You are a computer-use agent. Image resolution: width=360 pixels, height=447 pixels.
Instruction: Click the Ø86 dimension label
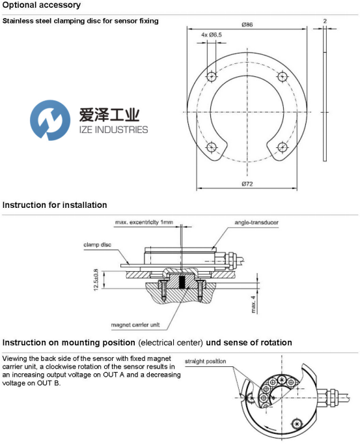tap(247, 25)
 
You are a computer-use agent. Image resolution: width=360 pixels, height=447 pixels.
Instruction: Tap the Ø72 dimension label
tap(247, 184)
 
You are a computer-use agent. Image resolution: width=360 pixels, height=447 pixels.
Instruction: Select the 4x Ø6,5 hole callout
tap(212, 35)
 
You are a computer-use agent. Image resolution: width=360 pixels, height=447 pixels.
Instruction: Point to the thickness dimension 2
tap(325, 21)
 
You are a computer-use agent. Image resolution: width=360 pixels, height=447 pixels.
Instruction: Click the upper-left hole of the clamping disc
tap(212, 76)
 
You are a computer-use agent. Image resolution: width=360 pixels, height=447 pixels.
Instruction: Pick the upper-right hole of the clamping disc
tap(282, 76)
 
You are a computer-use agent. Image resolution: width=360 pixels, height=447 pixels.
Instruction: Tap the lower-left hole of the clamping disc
tap(211, 147)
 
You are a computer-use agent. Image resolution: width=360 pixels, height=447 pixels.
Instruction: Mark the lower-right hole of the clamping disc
tap(282, 147)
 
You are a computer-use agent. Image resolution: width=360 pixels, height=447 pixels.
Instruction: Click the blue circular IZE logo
tap(50, 120)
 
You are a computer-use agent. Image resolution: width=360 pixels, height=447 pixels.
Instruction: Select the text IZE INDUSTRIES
tap(113, 130)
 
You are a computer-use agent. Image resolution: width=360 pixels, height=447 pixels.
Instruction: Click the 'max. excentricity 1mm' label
tap(144, 222)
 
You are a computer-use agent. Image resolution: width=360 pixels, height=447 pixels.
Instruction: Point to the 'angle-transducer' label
tap(256, 222)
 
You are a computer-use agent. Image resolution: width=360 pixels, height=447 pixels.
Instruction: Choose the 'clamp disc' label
tap(98, 244)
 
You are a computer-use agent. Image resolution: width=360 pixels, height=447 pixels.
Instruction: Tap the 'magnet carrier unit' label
tap(135, 324)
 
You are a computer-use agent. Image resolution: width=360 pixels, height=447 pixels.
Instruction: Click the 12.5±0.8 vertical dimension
tap(96, 280)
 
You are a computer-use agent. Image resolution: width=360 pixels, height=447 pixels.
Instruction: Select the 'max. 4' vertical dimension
tap(253, 304)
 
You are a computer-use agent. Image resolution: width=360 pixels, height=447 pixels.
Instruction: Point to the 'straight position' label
tap(205, 361)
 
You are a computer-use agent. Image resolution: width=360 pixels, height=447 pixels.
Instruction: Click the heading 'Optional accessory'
tap(42, 5)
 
